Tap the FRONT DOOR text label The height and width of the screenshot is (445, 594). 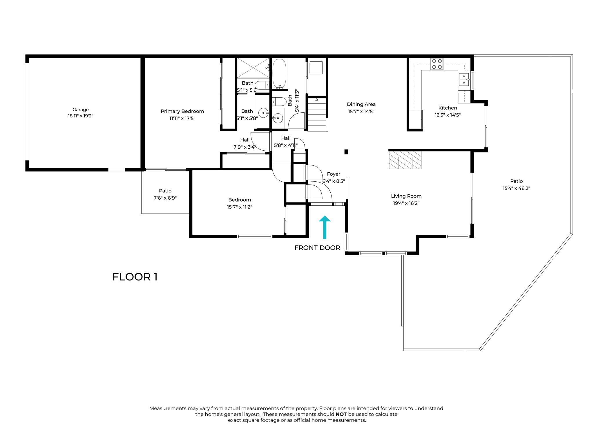click(317, 248)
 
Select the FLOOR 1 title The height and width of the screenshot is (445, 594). click(135, 277)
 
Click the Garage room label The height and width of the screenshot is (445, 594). click(81, 110)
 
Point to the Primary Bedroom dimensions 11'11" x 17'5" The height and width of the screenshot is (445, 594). click(182, 118)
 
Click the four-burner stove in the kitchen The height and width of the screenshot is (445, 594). click(437, 64)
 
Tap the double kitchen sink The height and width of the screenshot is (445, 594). click(463, 79)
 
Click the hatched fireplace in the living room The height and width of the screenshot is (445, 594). click(405, 160)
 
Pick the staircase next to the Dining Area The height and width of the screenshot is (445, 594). click(317, 114)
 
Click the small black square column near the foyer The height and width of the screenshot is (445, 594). click(346, 152)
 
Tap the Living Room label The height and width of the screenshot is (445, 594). click(406, 196)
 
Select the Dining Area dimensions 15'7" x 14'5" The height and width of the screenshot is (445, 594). click(361, 111)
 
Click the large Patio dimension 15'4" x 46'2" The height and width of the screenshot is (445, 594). click(516, 188)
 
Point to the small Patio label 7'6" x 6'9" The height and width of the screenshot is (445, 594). click(165, 198)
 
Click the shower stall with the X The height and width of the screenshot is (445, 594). click(253, 68)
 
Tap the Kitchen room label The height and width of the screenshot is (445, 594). click(448, 108)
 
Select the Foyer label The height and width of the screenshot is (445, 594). click(333, 174)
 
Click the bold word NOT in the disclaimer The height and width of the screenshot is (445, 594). click(341, 414)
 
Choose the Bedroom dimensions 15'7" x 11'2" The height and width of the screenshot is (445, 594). click(240, 207)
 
